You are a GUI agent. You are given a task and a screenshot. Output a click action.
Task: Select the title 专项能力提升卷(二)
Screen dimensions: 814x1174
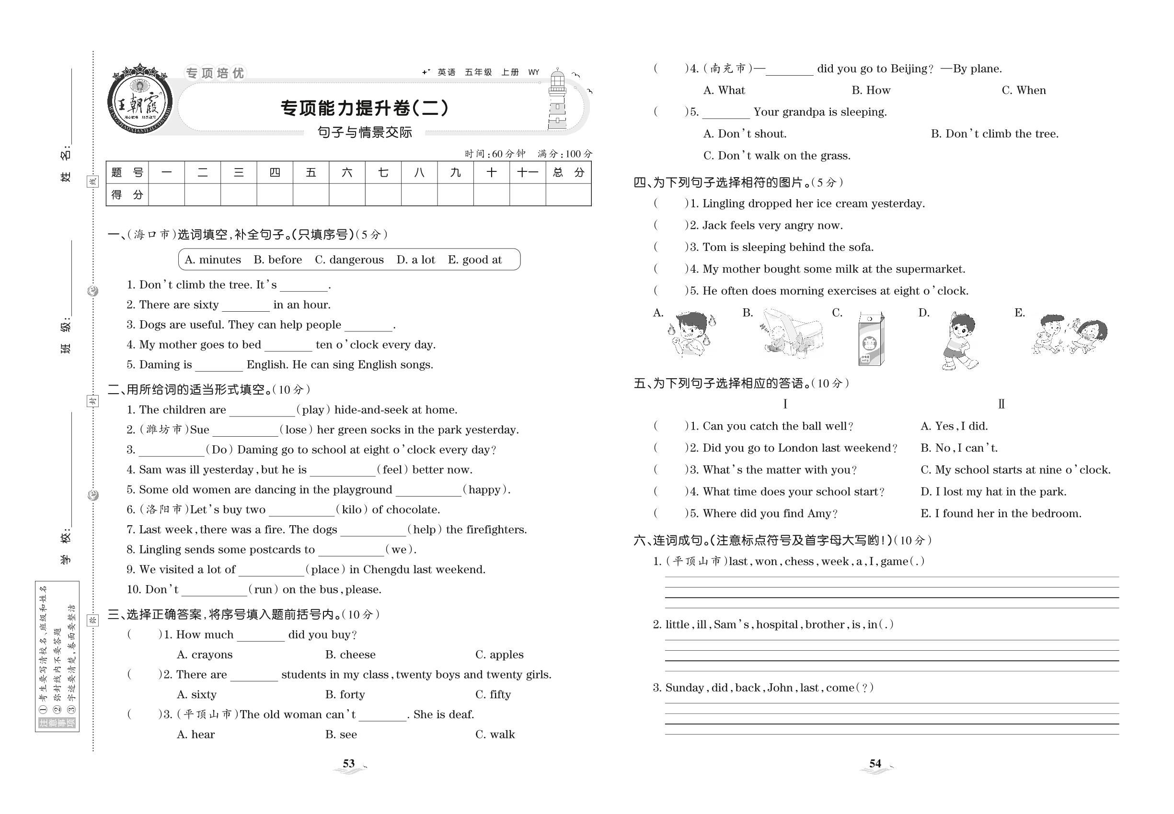coord(365,108)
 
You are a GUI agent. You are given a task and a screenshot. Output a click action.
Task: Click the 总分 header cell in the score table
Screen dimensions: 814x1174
coord(568,172)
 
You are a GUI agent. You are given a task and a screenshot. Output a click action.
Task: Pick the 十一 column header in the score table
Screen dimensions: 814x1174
coord(527,172)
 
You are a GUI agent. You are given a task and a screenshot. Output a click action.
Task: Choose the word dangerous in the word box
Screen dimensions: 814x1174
coord(349,260)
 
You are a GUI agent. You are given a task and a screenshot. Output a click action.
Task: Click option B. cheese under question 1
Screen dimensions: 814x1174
coord(350,655)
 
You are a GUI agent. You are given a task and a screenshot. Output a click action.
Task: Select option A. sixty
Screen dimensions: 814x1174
coord(196,694)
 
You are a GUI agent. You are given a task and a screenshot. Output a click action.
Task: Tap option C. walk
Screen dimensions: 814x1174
coord(495,734)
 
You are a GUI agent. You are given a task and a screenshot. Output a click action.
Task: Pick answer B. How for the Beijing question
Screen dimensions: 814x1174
coord(871,90)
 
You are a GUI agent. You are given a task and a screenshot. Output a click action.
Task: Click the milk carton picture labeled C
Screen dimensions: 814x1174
coord(871,339)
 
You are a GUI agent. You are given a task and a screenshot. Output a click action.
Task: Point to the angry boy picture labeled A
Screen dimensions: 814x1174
coord(691,335)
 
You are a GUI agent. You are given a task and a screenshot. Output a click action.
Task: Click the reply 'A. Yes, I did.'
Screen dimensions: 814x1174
coord(954,426)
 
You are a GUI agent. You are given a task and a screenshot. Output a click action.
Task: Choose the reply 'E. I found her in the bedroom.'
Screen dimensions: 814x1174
coord(1001,513)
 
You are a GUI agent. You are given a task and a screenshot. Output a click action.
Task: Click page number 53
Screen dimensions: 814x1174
coord(349,764)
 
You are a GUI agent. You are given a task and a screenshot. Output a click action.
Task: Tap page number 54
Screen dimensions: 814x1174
coord(875,764)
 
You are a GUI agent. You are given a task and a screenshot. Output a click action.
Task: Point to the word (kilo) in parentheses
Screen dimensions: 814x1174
coord(352,509)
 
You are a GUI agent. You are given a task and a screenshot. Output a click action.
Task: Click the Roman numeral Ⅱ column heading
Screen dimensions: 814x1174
coord(1001,404)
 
